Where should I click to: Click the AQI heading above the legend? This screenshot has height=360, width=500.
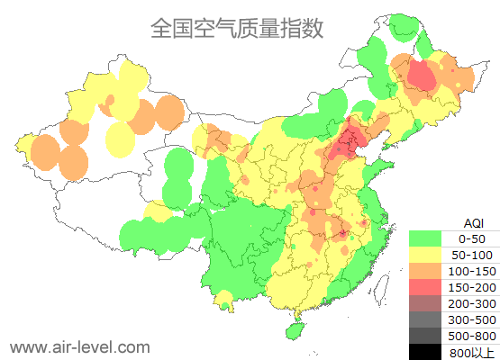[x=473, y=222]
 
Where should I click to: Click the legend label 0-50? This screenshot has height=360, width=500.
[x=473, y=238]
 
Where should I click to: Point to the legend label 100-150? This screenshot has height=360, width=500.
[x=473, y=271]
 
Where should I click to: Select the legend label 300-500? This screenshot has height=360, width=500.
[x=473, y=319]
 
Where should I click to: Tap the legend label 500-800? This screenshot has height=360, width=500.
[x=473, y=336]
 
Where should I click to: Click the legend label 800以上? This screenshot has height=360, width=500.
[x=473, y=352]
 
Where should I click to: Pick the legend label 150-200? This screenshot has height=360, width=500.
[x=473, y=287]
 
